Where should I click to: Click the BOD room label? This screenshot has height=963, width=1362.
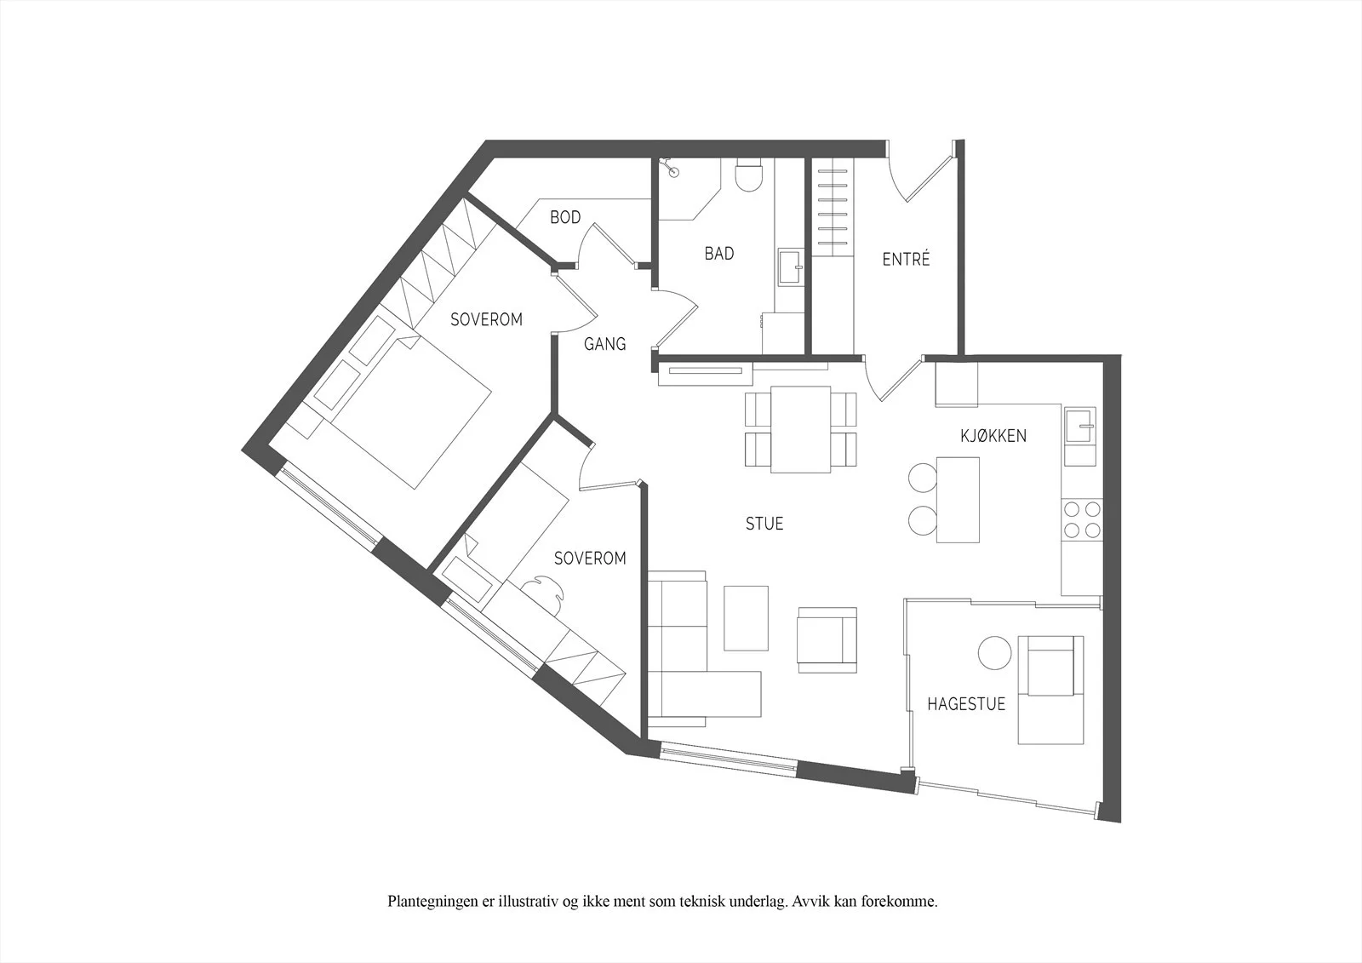click(x=565, y=217)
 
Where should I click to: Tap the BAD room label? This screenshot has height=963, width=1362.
click(x=719, y=253)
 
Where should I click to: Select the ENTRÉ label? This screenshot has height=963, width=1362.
click(x=906, y=259)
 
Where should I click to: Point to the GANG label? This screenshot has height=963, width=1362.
click(x=605, y=344)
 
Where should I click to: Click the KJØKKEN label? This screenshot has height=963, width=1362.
click(x=993, y=436)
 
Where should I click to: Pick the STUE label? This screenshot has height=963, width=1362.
click(x=764, y=524)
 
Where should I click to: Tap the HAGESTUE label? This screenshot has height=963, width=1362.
click(x=966, y=704)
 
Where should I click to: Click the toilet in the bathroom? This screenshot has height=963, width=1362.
click(x=748, y=175)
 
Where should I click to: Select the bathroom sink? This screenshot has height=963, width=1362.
click(x=791, y=267)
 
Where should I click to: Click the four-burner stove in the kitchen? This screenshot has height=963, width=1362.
click(x=1082, y=519)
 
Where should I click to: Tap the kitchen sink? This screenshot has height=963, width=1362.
click(x=1080, y=425)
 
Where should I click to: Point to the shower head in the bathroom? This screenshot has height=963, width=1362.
click(x=672, y=169)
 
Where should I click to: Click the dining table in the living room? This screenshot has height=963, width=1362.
click(x=801, y=429)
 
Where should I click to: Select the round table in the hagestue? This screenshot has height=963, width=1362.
click(x=995, y=653)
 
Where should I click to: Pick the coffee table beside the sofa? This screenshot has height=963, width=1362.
click(x=746, y=618)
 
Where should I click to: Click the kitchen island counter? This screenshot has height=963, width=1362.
click(x=958, y=500)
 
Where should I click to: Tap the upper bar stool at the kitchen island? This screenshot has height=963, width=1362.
click(x=923, y=478)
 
